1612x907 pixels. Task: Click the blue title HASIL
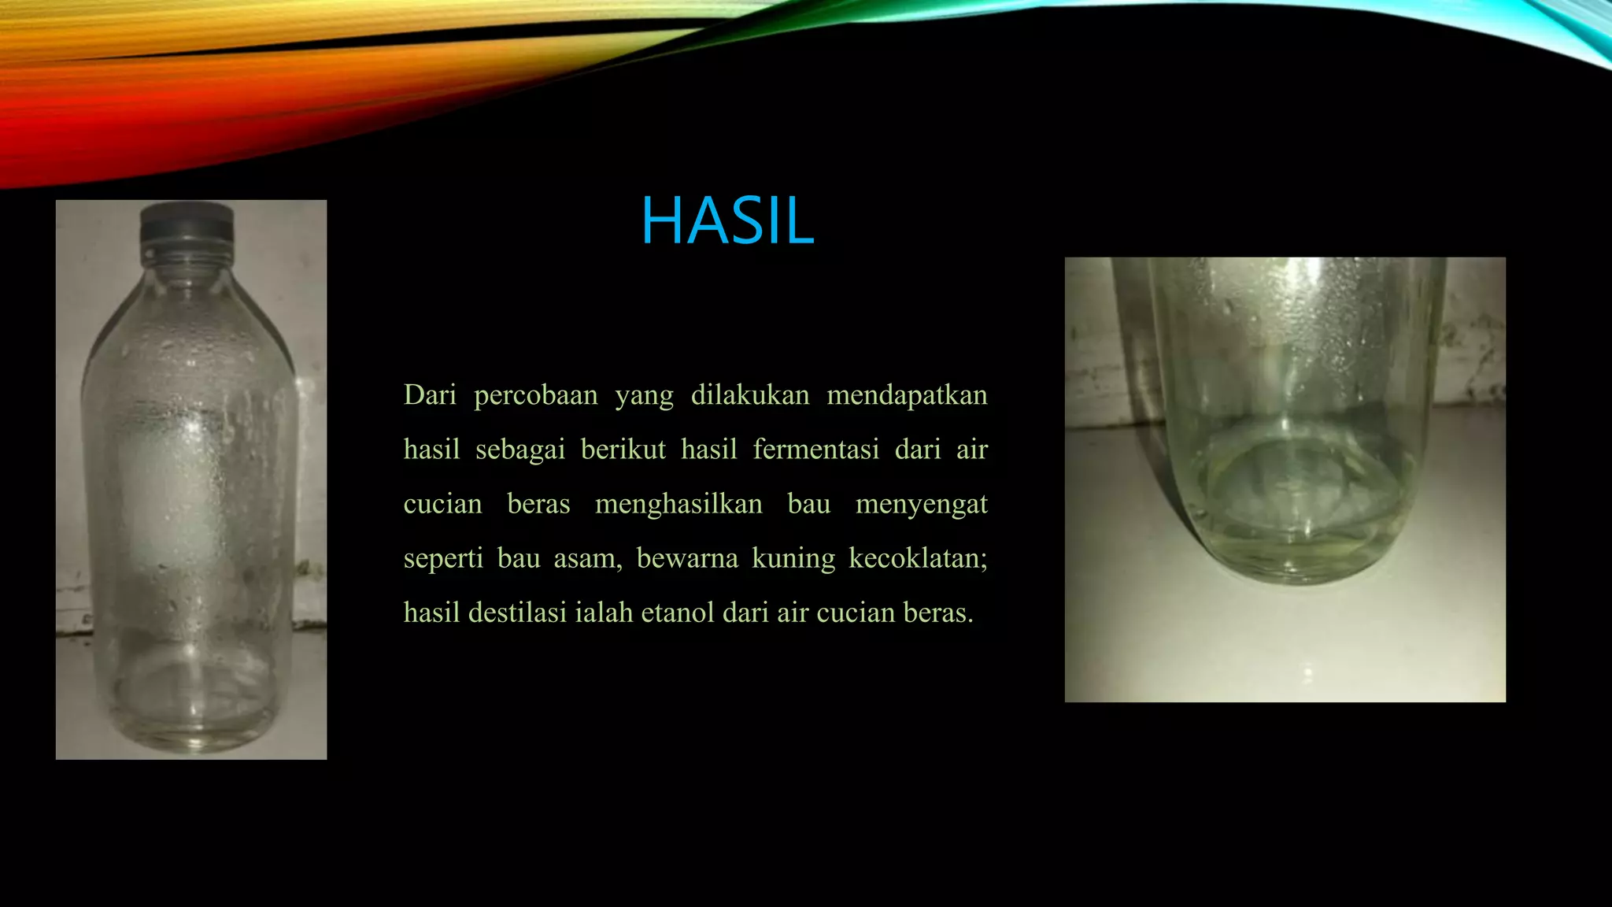tap(727, 220)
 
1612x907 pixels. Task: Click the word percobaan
tap(535, 395)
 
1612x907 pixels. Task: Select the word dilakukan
tap(749, 394)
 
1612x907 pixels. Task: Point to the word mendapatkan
tap(907, 395)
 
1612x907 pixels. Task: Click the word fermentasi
tap(815, 450)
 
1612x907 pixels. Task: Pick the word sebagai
tap(520, 450)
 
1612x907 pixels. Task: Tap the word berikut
tap(623, 450)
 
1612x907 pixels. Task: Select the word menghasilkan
tap(678, 504)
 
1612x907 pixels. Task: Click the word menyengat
tap(921, 504)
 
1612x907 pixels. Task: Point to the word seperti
tap(442, 558)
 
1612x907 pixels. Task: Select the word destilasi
tap(517, 613)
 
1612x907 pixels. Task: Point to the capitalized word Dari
tap(430, 394)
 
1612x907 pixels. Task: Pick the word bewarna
tap(686, 558)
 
